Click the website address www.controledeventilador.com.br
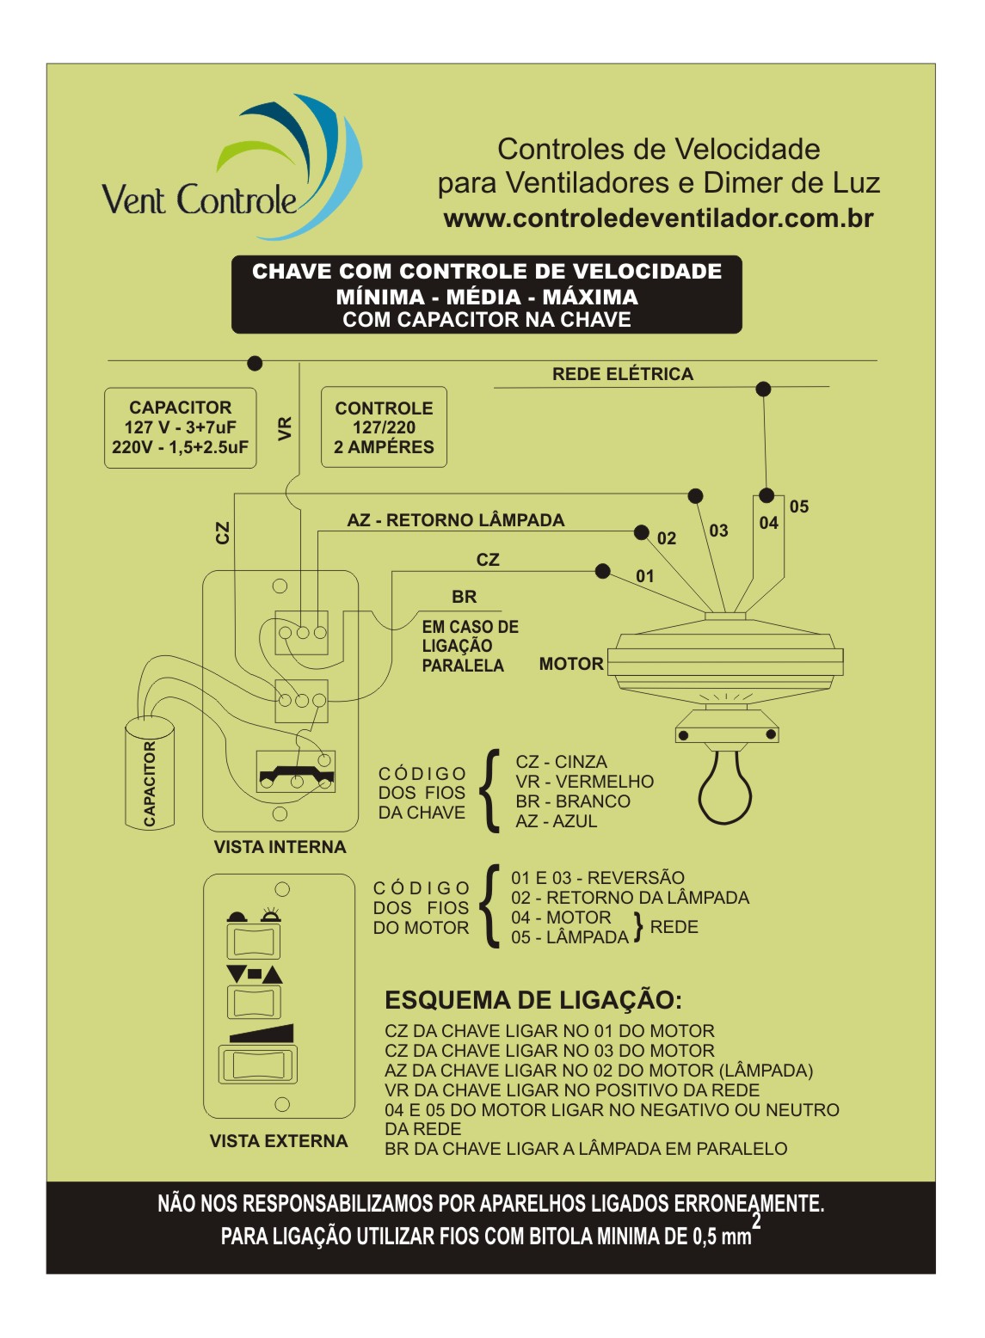coord(659,218)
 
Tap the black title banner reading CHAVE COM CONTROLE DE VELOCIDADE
coord(487,294)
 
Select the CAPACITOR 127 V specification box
coord(180,427)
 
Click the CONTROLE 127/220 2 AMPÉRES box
coord(384,427)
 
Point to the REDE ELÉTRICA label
coord(623,375)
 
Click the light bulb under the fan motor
coord(725,788)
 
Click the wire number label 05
coord(799,507)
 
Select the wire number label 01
coord(644,576)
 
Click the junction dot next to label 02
coord(642,532)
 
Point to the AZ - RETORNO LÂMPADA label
coord(456,520)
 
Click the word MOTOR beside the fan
coord(571,664)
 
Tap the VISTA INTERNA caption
coord(280,847)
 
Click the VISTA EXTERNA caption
coord(279,1141)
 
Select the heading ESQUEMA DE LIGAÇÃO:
coord(533,1000)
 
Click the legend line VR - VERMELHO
coord(584,782)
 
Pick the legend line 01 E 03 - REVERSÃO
coord(598,877)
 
